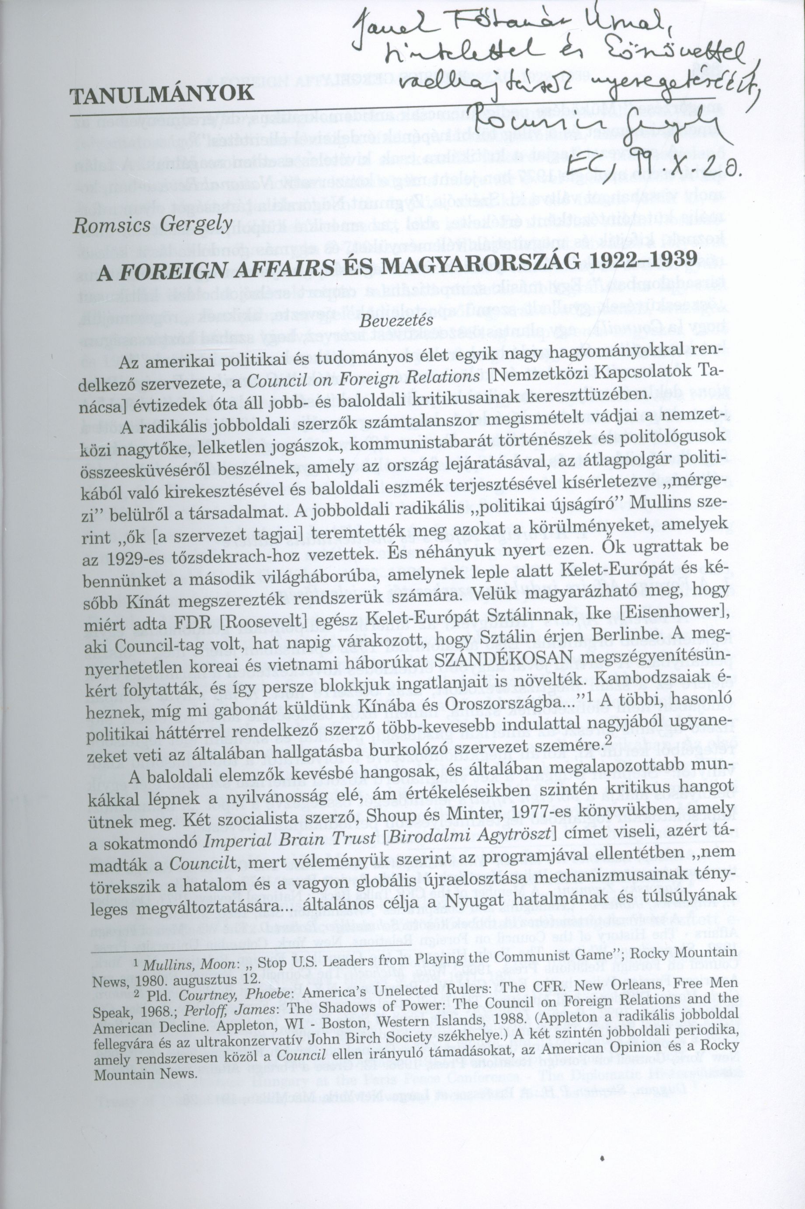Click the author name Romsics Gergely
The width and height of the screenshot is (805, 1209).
153,226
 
